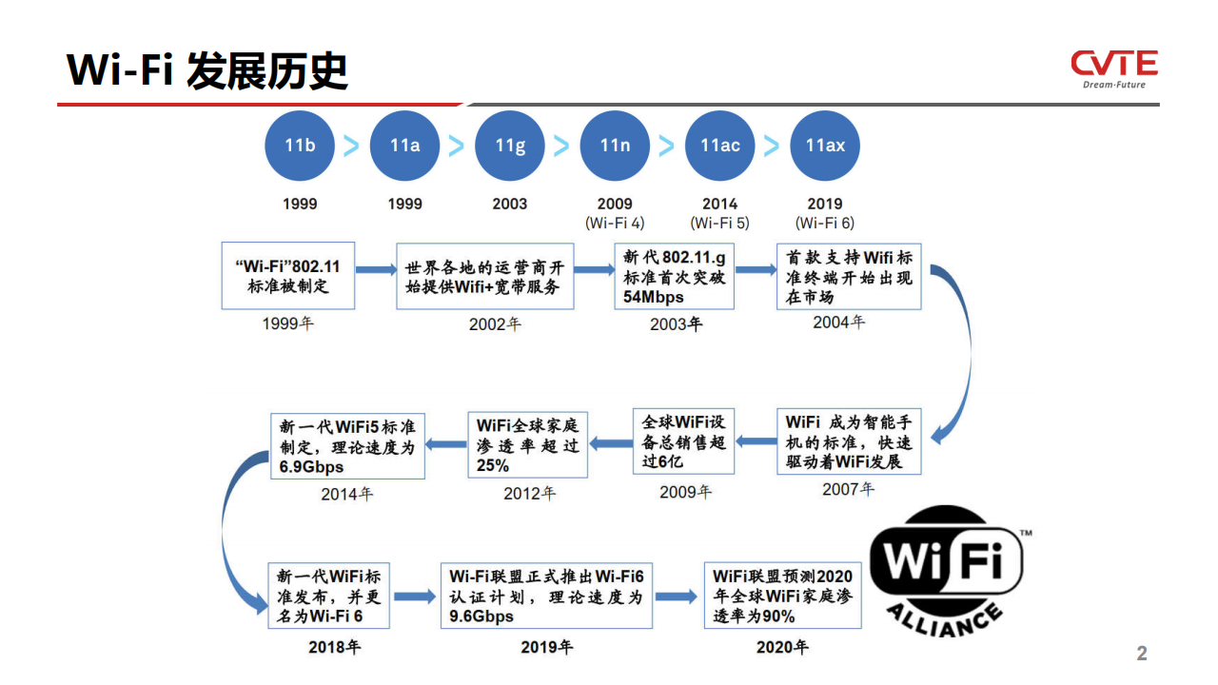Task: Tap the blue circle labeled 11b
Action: pyautogui.click(x=300, y=146)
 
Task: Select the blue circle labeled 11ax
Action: pyautogui.click(x=825, y=146)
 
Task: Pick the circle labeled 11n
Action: pyautogui.click(x=615, y=146)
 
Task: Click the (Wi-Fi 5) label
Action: pyautogui.click(x=720, y=223)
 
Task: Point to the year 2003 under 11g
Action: pyautogui.click(x=509, y=204)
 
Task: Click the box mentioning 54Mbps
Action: pyautogui.click(x=675, y=277)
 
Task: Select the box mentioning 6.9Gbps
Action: pyautogui.click(x=347, y=446)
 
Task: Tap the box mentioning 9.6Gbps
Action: pyautogui.click(x=546, y=596)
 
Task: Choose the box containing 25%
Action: pyautogui.click(x=527, y=444)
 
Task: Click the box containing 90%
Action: pyautogui.click(x=782, y=596)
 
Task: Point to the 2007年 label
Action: pyautogui.click(x=848, y=489)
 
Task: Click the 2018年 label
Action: pyautogui.click(x=334, y=647)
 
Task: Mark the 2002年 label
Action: pyautogui.click(x=495, y=324)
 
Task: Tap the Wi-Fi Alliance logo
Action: pyautogui.click(x=949, y=571)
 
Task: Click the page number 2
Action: pyautogui.click(x=1142, y=653)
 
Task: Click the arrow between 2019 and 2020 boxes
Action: pyautogui.click(x=677, y=597)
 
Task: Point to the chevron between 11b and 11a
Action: pyautogui.click(x=351, y=146)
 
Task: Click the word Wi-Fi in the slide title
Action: pyautogui.click(x=120, y=70)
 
